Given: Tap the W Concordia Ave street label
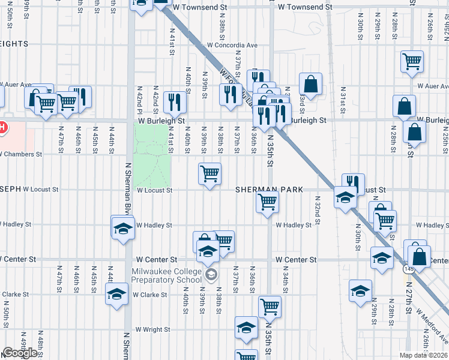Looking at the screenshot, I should coord(232,45).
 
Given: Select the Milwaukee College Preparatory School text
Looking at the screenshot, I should coord(167,275).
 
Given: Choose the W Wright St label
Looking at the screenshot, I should coord(153,329).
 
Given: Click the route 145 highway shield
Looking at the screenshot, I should coord(409,269).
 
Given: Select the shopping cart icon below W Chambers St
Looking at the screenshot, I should coord(210,174).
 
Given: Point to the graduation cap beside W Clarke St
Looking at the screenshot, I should coord(116,294).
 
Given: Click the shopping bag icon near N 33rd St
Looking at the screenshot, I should coord(310,84).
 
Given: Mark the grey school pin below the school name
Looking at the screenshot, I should coord(211,275).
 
